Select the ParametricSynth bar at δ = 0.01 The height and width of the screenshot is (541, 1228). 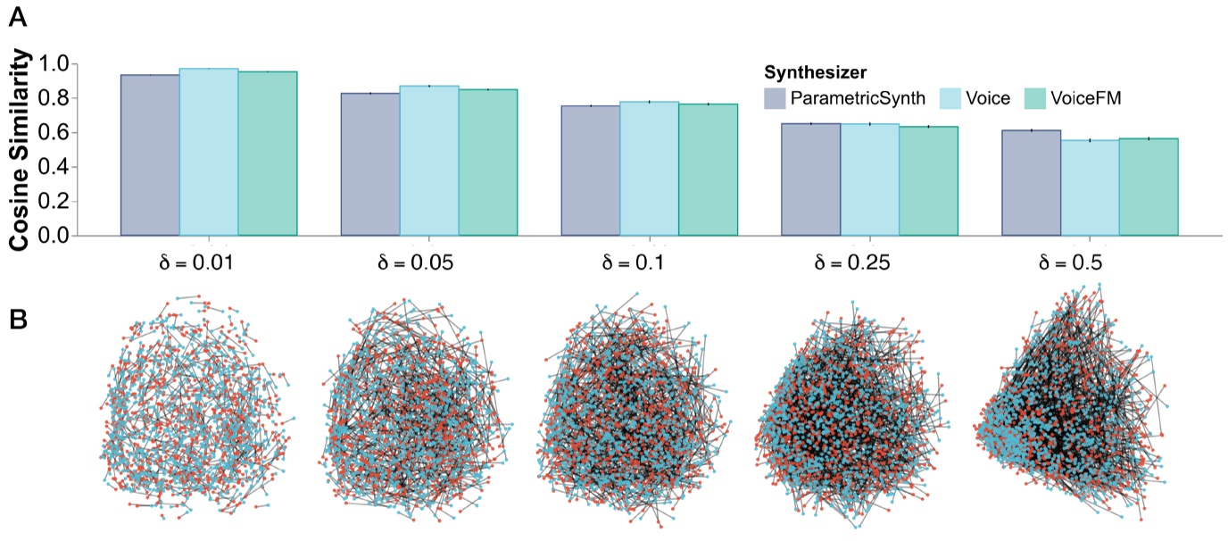click(x=150, y=156)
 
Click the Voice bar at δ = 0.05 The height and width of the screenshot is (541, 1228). click(x=429, y=161)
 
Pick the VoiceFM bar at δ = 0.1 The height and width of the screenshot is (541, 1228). click(x=708, y=170)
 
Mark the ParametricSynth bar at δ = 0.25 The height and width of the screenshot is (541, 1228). click(x=810, y=179)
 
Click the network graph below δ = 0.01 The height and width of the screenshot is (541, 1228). click(x=196, y=406)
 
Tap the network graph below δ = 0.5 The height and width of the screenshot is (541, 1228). click(x=1071, y=406)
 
